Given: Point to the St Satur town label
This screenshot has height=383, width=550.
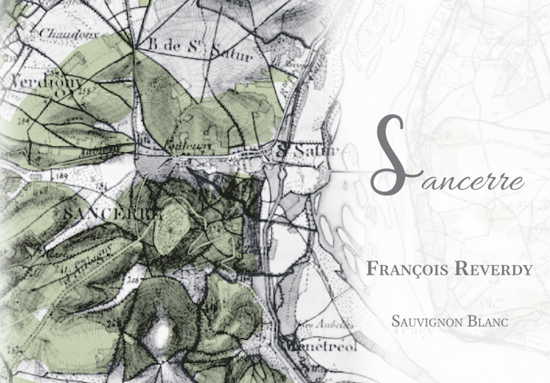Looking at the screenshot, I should coord(309,149).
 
